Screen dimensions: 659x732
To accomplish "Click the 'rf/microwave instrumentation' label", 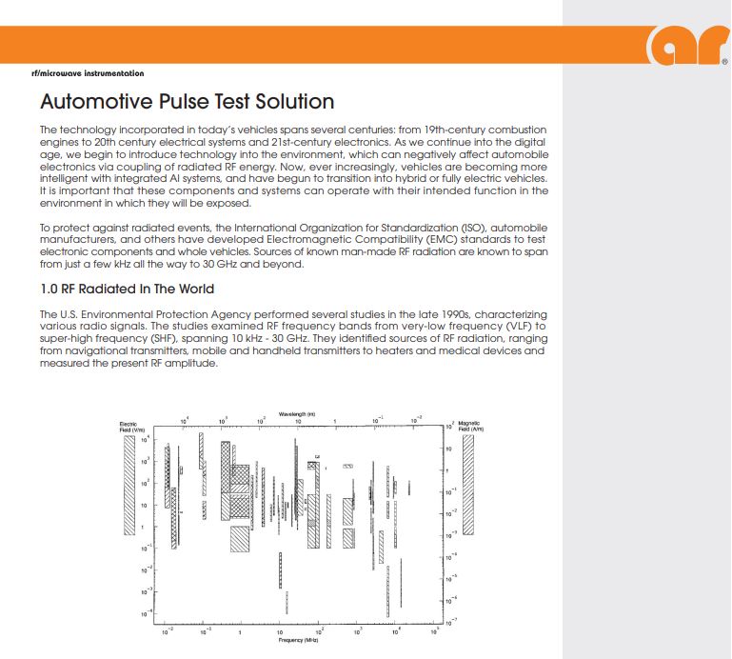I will (x=88, y=73).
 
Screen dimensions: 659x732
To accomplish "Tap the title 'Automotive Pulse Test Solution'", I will (x=187, y=101).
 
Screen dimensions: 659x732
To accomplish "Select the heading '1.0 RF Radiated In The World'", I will (x=127, y=289).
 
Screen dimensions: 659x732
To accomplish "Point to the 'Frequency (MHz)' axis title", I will (x=297, y=640).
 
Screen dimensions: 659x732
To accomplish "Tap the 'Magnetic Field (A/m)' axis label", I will (x=469, y=428).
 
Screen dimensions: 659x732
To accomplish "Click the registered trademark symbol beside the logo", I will (x=725, y=63).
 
